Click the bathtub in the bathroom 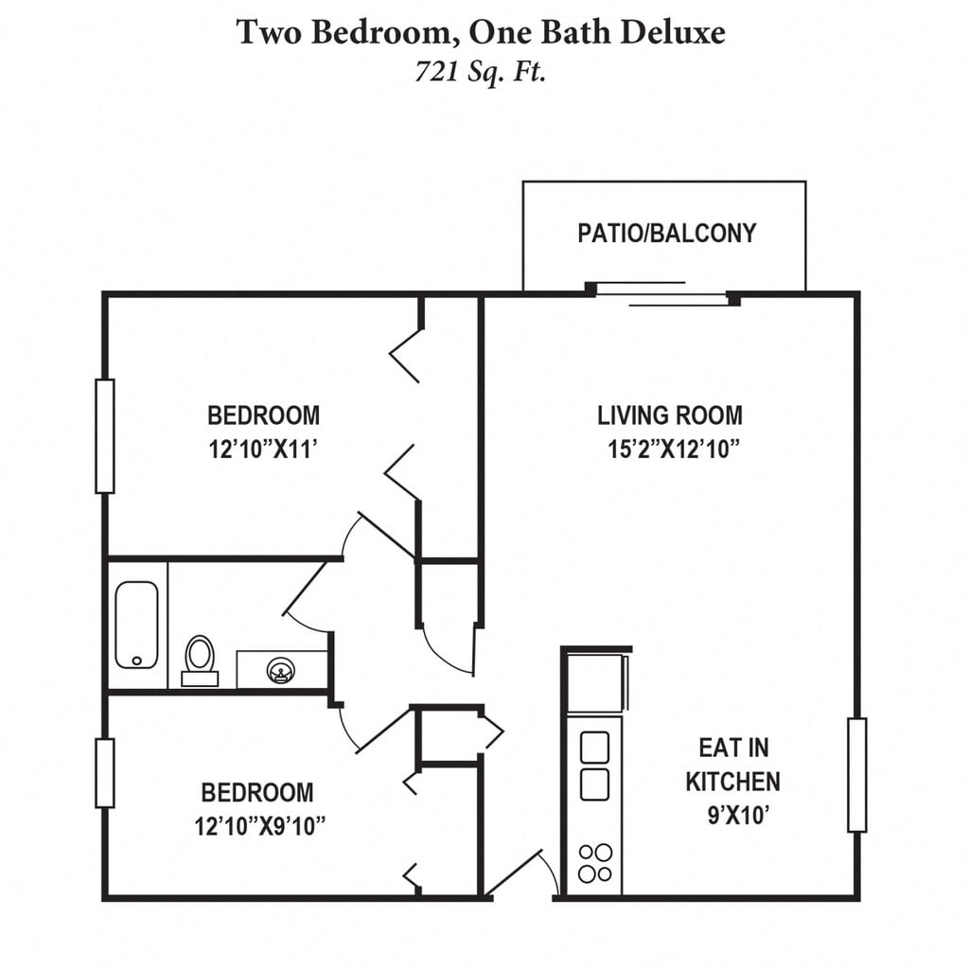[136, 625]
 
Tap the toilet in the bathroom [200, 659]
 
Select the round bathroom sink [280, 670]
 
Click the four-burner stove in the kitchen [594, 863]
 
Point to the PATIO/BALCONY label [667, 233]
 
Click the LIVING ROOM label [670, 414]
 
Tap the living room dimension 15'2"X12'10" [673, 449]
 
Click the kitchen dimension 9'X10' [735, 815]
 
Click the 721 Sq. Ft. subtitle [481, 72]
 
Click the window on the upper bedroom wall [105, 436]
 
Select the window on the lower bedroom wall [105, 773]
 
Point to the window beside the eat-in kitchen [856, 775]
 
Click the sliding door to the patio [662, 292]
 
